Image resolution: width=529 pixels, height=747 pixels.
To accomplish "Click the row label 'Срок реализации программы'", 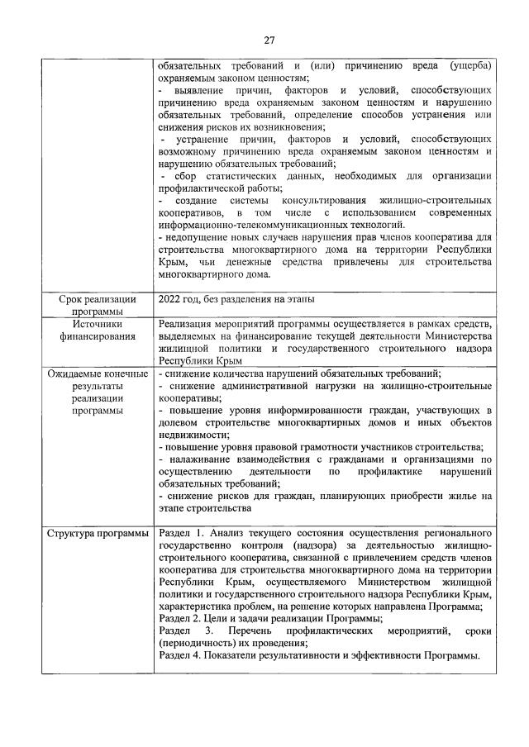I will pos(98,305).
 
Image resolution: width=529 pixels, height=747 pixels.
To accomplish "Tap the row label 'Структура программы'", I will pos(98,532).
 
